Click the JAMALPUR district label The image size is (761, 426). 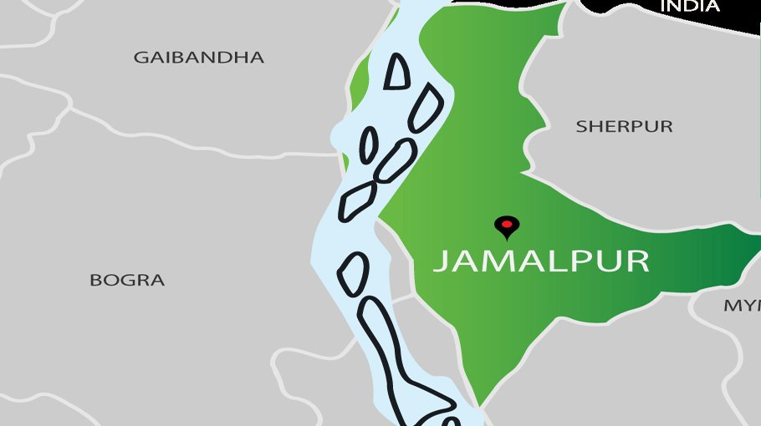point(541,261)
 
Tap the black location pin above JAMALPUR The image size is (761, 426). point(506,226)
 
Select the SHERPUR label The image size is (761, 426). point(624,127)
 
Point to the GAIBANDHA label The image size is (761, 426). point(198,58)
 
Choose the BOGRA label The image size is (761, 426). point(127,281)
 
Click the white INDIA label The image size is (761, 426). point(690,7)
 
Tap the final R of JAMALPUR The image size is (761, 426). point(638,261)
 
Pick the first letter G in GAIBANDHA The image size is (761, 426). point(141,58)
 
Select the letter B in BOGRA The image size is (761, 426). point(95,281)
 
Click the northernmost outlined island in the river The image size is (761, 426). point(398,71)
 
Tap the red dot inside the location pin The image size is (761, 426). point(506,223)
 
